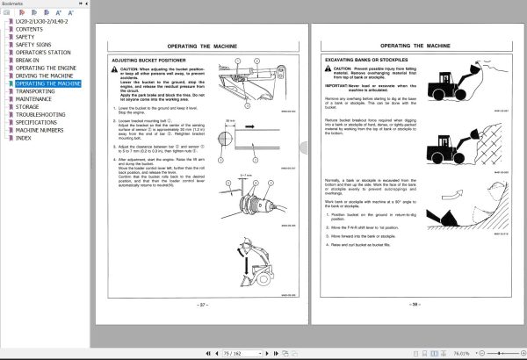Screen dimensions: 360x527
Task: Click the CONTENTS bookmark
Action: [30, 29]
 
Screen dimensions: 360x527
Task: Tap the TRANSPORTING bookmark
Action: [35, 91]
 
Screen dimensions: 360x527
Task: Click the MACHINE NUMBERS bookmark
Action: [41, 130]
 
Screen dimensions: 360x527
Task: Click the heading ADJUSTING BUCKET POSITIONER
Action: [144, 61]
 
